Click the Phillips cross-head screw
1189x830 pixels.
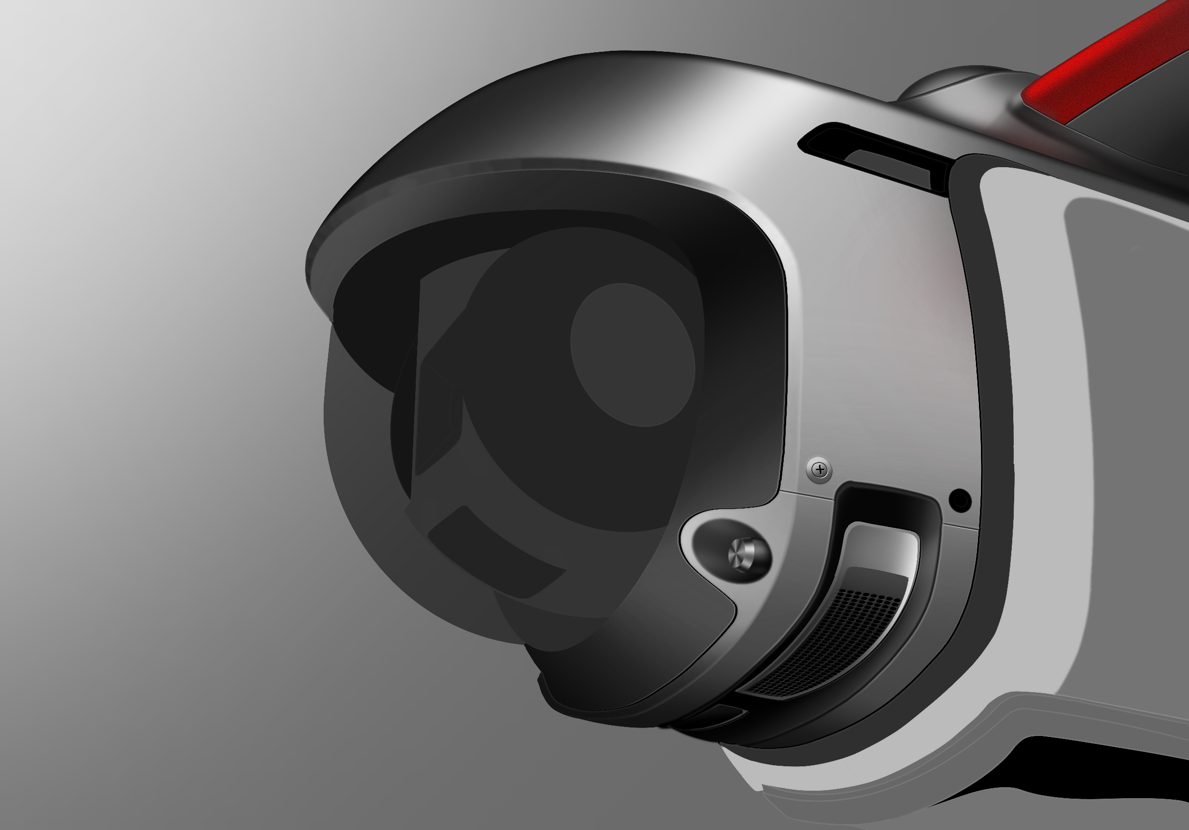[x=820, y=470]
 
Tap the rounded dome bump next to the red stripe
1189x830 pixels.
[x=958, y=83]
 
